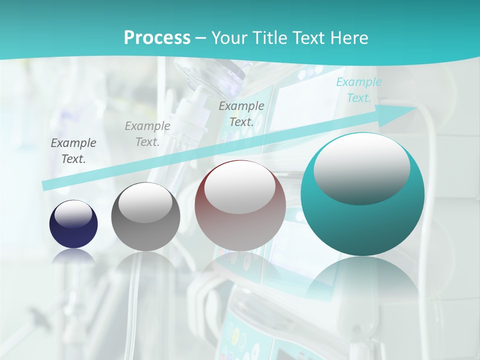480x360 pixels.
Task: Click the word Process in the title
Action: click(x=157, y=37)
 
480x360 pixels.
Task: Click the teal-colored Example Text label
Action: click(x=358, y=90)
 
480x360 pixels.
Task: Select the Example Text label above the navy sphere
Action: click(x=73, y=151)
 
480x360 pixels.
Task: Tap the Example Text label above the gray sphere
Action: click(x=147, y=134)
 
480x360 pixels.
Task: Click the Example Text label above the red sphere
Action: click(x=241, y=113)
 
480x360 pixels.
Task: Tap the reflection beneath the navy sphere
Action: click(x=73, y=256)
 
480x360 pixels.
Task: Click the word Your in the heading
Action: click(x=228, y=37)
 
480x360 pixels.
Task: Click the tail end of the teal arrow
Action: click(x=46, y=185)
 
